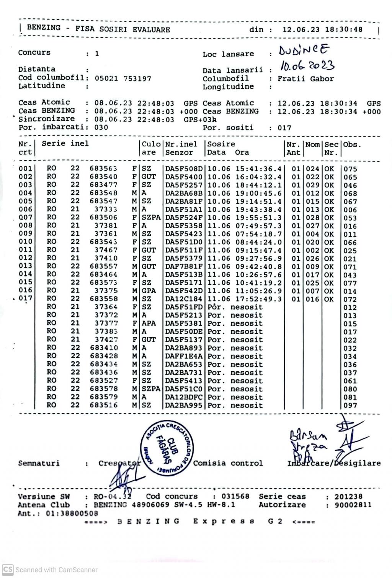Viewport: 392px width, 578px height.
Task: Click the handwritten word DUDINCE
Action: click(304, 50)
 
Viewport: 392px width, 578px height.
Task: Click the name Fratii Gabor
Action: click(305, 79)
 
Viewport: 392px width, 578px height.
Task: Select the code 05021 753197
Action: click(123, 78)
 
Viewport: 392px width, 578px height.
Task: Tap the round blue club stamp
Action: click(167, 449)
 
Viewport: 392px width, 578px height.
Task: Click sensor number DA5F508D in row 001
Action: click(184, 169)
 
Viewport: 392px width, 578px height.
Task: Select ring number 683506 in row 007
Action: click(103, 218)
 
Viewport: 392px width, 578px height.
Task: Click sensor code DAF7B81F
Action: click(184, 266)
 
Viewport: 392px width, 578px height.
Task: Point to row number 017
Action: click(26, 299)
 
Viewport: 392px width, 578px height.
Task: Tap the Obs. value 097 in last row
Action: click(350, 405)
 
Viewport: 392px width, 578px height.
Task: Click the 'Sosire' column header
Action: click(221, 144)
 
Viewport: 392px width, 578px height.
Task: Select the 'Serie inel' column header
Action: click(65, 144)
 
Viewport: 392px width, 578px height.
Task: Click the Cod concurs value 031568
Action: click(235, 496)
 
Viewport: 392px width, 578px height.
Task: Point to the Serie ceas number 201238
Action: click(348, 497)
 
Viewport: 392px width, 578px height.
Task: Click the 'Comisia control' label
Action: click(228, 463)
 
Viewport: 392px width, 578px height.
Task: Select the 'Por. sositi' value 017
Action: click(284, 128)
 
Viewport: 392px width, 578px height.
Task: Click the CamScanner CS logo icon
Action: click(8, 570)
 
